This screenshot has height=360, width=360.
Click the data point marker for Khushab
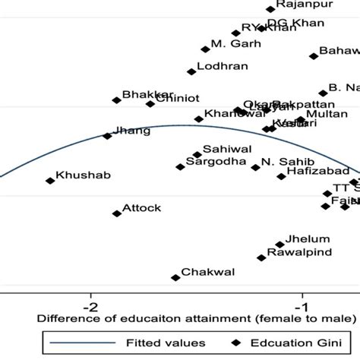pyautogui.click(x=50, y=181)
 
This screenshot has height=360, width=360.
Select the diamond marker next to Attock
pyautogui.click(x=117, y=214)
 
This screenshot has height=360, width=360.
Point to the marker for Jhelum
pyautogui.click(x=280, y=245)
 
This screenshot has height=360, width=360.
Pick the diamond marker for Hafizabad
pyautogui.click(x=282, y=176)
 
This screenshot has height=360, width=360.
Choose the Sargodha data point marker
pyautogui.click(x=180, y=166)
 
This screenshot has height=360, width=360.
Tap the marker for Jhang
pyautogui.click(x=107, y=136)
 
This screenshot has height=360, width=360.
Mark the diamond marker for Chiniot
pyautogui.click(x=150, y=103)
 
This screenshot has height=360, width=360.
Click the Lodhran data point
pyautogui.click(x=191, y=71)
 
